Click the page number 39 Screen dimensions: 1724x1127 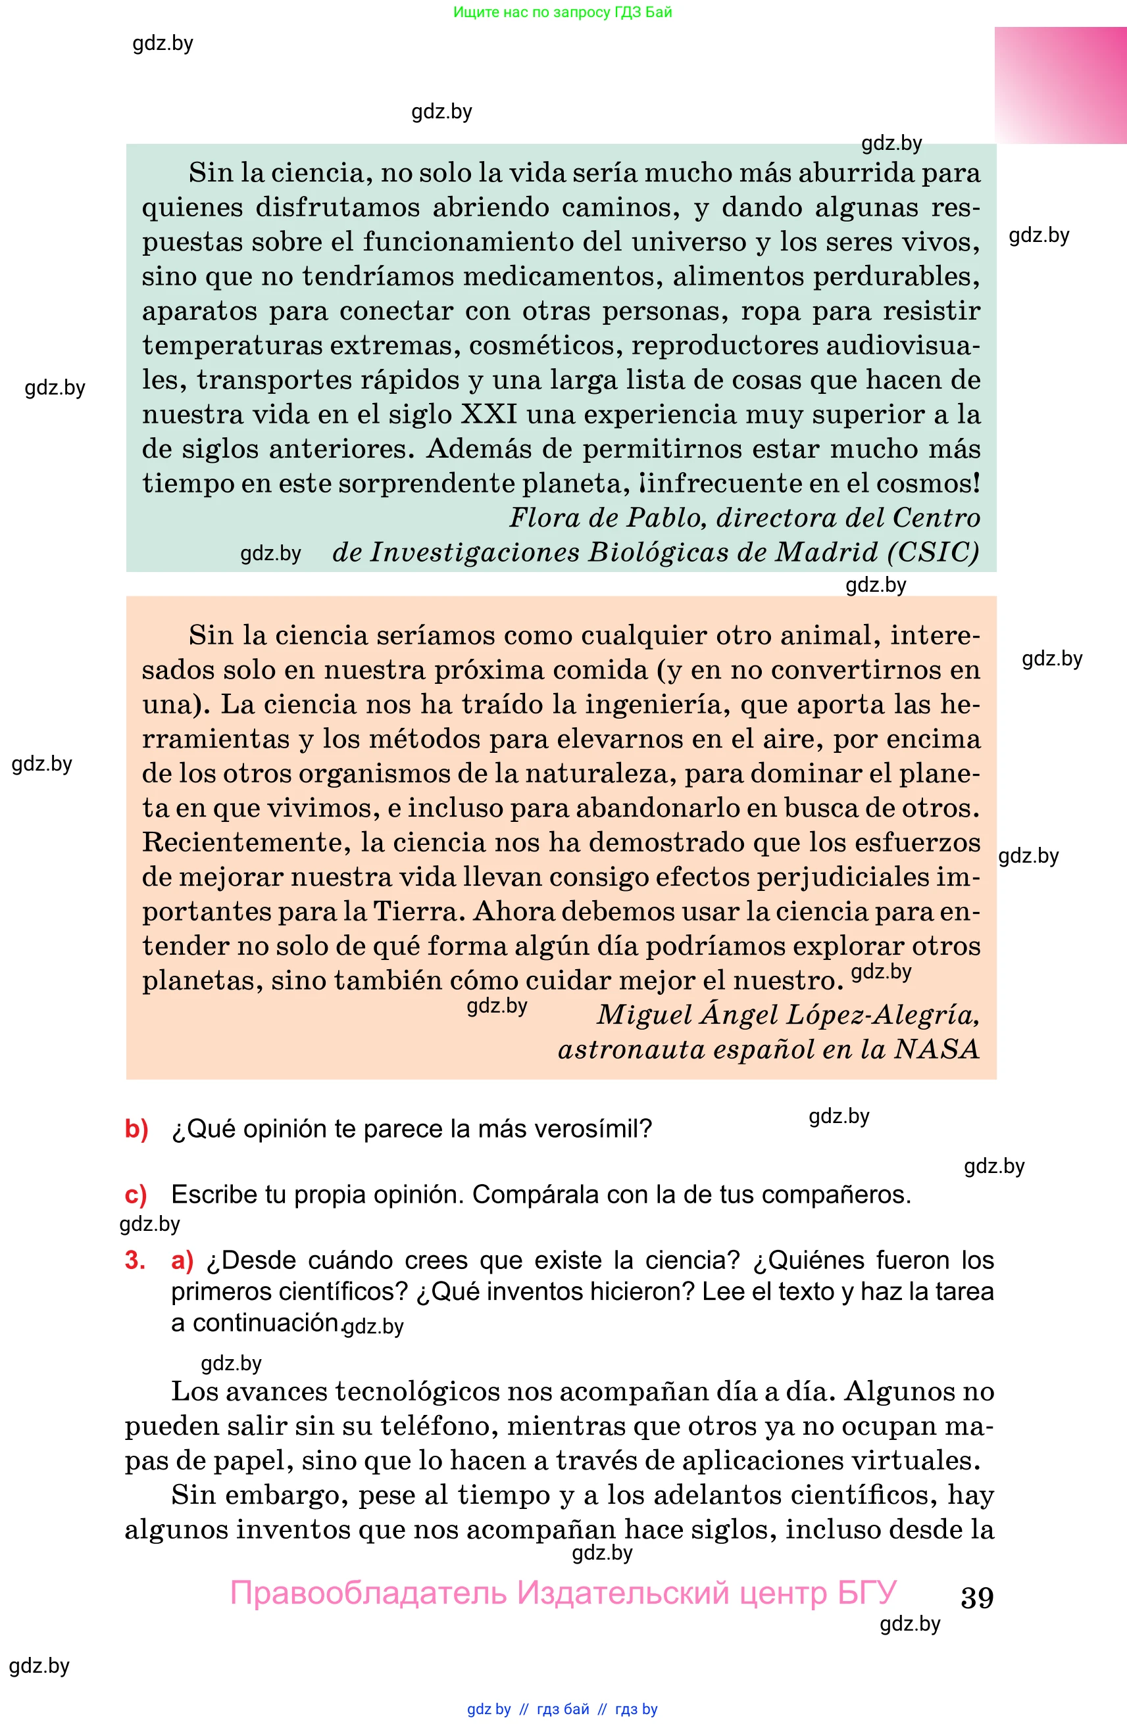point(976,1597)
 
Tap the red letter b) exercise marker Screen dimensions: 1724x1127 point(136,1128)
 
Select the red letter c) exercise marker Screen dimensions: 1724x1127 point(136,1195)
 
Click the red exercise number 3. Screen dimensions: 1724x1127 point(135,1260)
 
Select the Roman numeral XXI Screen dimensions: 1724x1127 point(489,414)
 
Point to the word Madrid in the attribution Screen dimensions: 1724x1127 point(826,552)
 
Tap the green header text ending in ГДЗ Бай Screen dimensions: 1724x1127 point(563,12)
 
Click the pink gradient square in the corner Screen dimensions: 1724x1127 point(1060,85)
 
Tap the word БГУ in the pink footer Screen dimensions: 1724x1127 point(867,1593)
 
